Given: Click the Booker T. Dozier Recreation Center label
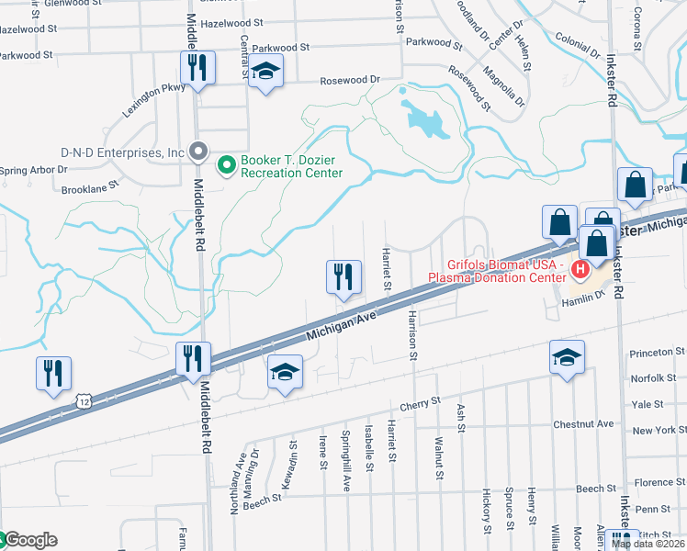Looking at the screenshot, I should point(291,166).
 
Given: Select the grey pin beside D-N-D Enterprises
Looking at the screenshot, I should point(197,152).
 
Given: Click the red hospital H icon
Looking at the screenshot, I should point(580,270).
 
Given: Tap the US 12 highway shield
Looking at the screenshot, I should point(84,401).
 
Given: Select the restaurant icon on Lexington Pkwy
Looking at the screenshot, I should point(197,69).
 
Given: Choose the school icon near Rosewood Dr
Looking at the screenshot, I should point(265,72).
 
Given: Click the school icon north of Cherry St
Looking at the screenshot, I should point(285,372).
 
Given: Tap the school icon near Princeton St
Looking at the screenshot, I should point(567,356).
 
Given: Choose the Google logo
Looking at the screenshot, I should point(29,540).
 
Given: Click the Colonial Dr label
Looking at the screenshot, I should point(578,42).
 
